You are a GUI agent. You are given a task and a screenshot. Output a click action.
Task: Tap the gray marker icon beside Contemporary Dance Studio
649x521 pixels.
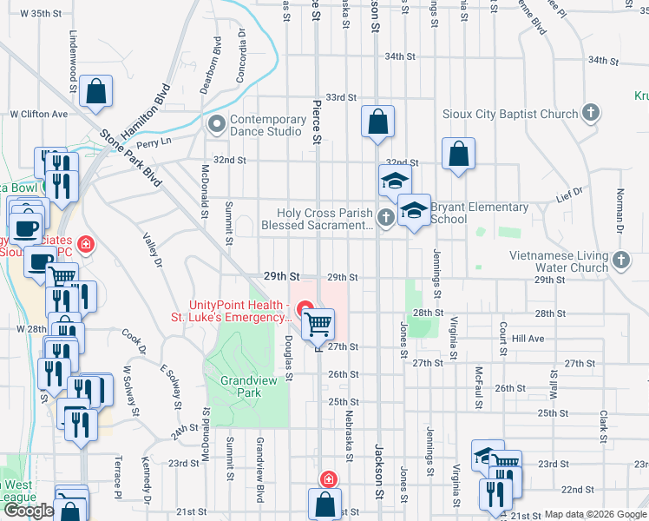click(215, 125)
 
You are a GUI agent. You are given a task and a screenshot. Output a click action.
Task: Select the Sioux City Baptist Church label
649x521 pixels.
click(509, 114)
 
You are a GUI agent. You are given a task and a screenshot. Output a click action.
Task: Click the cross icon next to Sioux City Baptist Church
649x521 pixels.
click(590, 113)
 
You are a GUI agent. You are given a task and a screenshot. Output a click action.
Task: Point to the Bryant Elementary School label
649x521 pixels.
click(479, 213)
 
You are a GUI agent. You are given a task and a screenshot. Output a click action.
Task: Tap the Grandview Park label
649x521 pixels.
click(240, 386)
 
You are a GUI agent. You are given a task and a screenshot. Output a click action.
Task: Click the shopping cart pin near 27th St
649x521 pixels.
click(318, 325)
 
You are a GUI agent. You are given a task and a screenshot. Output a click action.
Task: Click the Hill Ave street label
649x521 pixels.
click(528, 339)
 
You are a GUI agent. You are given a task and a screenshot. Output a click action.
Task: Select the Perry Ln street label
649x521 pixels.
click(153, 142)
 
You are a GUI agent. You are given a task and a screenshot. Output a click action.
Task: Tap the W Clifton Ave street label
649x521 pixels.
click(38, 114)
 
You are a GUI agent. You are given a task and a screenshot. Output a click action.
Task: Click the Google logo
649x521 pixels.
click(29, 511)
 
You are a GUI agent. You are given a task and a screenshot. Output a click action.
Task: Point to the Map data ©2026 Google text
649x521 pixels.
click(594, 514)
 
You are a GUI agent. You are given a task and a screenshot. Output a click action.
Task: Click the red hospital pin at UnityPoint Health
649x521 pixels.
click(305, 307)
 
